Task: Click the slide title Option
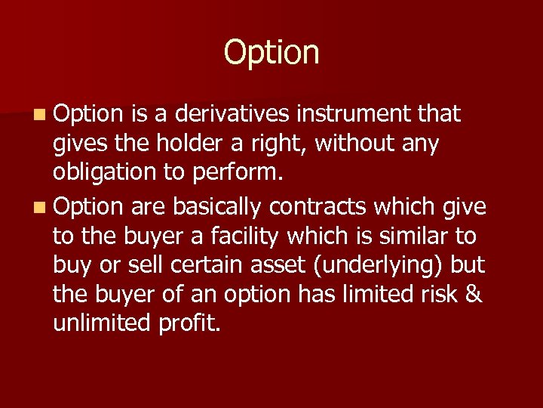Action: [x=271, y=53]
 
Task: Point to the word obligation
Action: [x=105, y=173]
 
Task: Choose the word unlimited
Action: [x=103, y=324]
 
